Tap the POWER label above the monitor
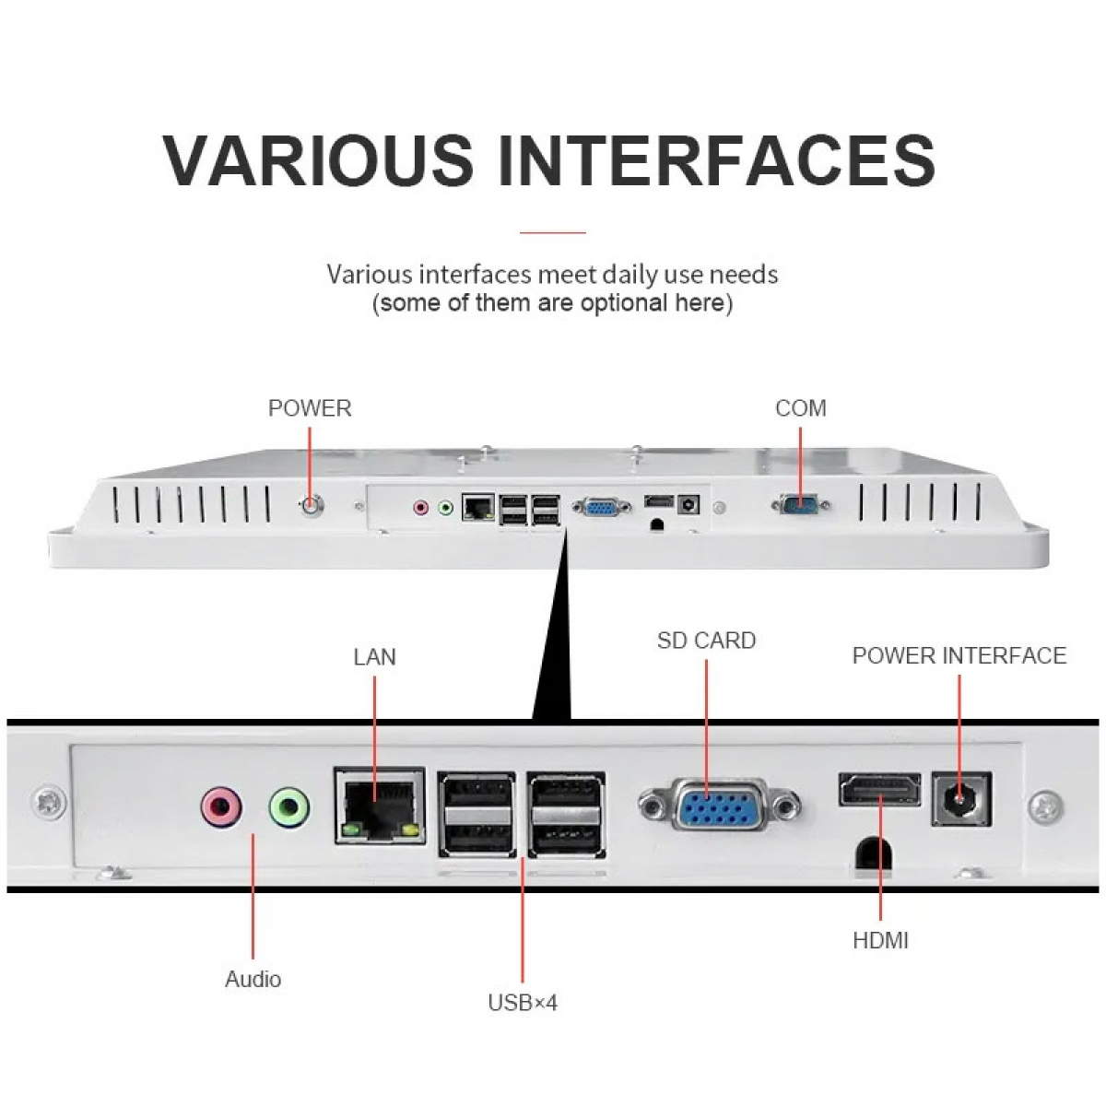tap(310, 408)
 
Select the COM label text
tap(801, 408)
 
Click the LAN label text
tap(374, 657)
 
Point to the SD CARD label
tap(706, 641)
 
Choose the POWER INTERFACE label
tap(959, 655)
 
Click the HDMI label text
tap(880, 941)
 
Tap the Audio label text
tap(253, 979)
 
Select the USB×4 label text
tap(523, 1003)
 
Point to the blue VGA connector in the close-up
tap(719, 805)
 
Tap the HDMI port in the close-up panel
tap(880, 789)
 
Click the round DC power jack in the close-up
tap(960, 798)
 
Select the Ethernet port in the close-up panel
tap(380, 806)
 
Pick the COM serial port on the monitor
tap(800, 504)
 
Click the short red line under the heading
tap(553, 232)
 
